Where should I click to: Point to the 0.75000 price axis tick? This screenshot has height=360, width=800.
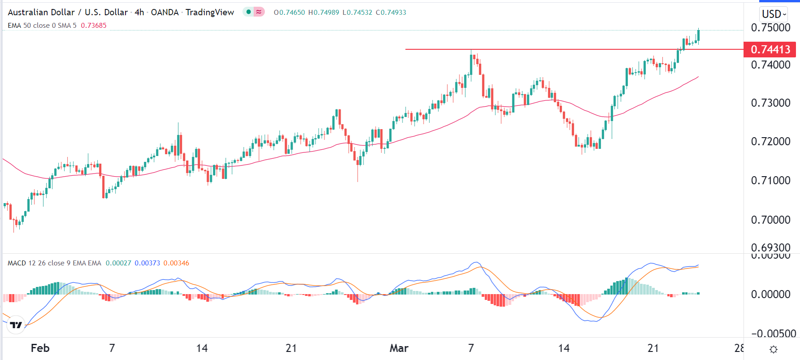770,27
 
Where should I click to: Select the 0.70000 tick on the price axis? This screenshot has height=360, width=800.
770,220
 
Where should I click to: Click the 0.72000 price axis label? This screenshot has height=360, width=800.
770,142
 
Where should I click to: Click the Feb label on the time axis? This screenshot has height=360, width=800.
40,348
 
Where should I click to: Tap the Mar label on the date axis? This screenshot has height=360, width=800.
399,348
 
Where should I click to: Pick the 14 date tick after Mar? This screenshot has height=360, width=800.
563,348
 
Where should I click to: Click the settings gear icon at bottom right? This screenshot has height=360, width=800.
773,349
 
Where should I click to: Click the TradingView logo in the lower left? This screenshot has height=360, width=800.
16,325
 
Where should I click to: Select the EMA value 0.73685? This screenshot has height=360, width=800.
94,26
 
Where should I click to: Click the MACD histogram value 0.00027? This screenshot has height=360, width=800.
118,263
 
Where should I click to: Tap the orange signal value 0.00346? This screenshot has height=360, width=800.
176,263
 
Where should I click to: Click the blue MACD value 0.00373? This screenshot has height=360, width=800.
147,263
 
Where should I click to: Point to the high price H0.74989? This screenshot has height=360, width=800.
324,13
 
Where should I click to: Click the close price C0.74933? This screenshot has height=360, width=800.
391,13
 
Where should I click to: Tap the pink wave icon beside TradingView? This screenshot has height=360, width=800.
259,12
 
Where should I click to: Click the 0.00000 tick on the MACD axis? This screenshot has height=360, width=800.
770,295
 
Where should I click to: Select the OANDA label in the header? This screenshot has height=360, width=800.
164,12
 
